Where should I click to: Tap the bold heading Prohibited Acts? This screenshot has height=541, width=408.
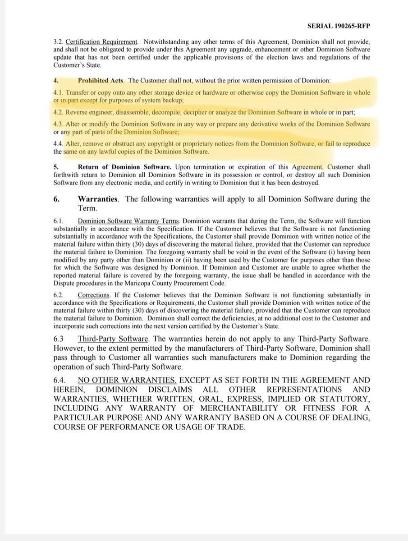101,81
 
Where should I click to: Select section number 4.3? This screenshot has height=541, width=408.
59,124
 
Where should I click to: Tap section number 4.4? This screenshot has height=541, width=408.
59,144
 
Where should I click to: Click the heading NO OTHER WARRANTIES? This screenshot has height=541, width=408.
126,381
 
